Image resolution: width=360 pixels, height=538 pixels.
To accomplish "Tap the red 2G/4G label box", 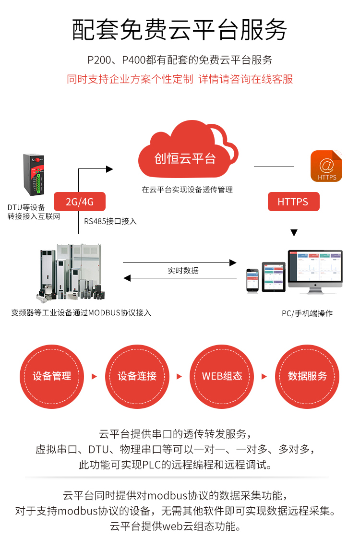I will point(80,202).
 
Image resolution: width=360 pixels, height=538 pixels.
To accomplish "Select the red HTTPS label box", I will point(293,202).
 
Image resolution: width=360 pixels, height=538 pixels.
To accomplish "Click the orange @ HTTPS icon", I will point(326,166).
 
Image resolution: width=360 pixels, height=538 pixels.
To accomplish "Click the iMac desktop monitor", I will point(315,270).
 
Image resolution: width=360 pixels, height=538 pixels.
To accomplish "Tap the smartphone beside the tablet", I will point(252,280).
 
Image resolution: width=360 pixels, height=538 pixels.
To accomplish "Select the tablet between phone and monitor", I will point(274,276).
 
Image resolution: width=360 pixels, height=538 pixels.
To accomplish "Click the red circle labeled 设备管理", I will point(52,376).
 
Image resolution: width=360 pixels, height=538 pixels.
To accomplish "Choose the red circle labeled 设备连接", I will point(137,376).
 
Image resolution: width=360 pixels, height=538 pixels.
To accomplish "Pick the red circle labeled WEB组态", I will point(222,376).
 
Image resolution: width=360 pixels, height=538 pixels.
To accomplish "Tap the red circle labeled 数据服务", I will point(307,376).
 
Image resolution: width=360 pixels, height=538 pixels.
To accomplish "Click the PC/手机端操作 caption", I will point(307,313).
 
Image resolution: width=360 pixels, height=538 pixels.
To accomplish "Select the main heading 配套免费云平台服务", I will point(180,30).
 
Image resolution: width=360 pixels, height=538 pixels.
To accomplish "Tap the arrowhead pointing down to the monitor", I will point(294,233).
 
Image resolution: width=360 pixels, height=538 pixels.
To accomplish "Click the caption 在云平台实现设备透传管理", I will point(187,190).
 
